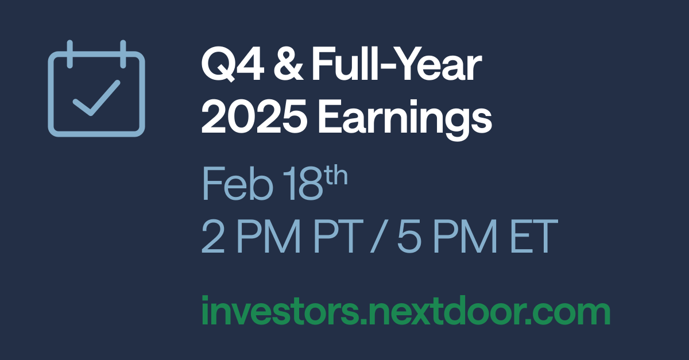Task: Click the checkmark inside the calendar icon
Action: click(95, 98)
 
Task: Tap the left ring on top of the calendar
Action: click(69, 53)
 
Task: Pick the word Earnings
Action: click(405, 117)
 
